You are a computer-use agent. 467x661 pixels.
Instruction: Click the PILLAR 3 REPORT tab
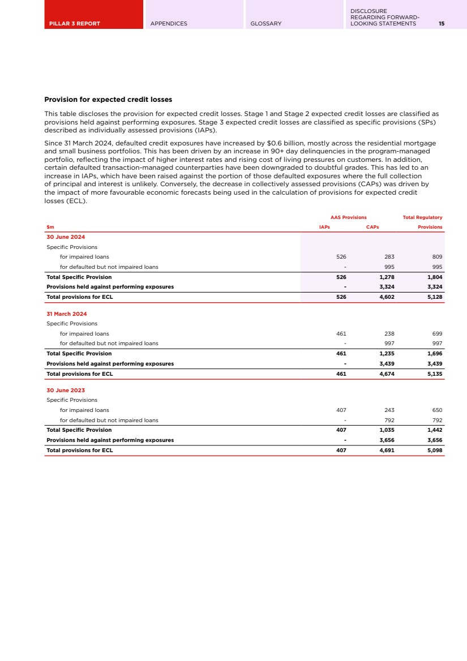tap(73, 24)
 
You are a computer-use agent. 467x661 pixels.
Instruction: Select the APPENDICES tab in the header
tap(169, 24)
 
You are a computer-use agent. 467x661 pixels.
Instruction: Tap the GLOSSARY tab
tap(266, 24)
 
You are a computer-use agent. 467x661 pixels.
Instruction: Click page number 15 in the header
tap(441, 24)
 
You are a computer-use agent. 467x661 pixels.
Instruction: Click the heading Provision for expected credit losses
tap(108, 100)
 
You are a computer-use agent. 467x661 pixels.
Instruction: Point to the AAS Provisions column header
tap(348, 217)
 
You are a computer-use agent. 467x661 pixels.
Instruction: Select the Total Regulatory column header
tap(422, 217)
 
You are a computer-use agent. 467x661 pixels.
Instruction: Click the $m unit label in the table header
tap(50, 227)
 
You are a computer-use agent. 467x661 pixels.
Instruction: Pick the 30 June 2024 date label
tap(66, 237)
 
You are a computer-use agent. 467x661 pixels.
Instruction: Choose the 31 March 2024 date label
tap(67, 314)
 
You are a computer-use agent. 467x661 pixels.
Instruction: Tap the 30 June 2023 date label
tap(66, 390)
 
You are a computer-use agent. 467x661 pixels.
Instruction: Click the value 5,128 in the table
tap(434, 297)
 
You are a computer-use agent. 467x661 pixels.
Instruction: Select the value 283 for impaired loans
tap(389, 257)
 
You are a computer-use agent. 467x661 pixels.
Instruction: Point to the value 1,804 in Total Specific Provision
tap(434, 277)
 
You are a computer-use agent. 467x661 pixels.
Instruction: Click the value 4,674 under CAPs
tap(387, 374)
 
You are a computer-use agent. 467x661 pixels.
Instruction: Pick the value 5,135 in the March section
tap(434, 374)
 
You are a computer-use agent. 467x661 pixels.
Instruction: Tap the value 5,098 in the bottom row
tap(434, 450)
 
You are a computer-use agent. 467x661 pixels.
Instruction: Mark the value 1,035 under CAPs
tap(387, 430)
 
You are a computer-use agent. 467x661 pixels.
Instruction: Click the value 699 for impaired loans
tap(436, 334)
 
